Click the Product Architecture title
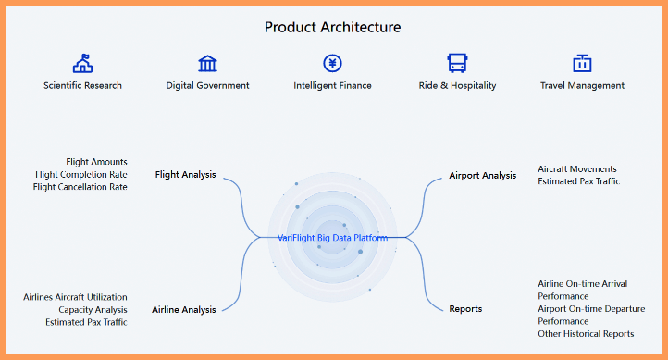point(333,27)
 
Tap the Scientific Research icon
point(82,63)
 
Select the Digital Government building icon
point(207,63)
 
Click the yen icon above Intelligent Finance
point(332,63)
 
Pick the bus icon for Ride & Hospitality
point(457,63)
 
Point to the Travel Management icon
point(582,63)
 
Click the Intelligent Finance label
point(332,85)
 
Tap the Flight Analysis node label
point(185,174)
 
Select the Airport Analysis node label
point(482,175)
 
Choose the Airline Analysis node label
point(183,309)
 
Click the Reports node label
point(465,308)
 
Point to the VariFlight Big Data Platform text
point(333,238)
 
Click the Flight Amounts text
point(96,162)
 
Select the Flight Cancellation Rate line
point(80,186)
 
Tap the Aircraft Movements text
point(576,168)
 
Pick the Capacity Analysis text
point(93,309)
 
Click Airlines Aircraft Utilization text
point(75,297)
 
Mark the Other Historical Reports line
point(586,333)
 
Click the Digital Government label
point(207,85)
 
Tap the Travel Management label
point(582,85)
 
